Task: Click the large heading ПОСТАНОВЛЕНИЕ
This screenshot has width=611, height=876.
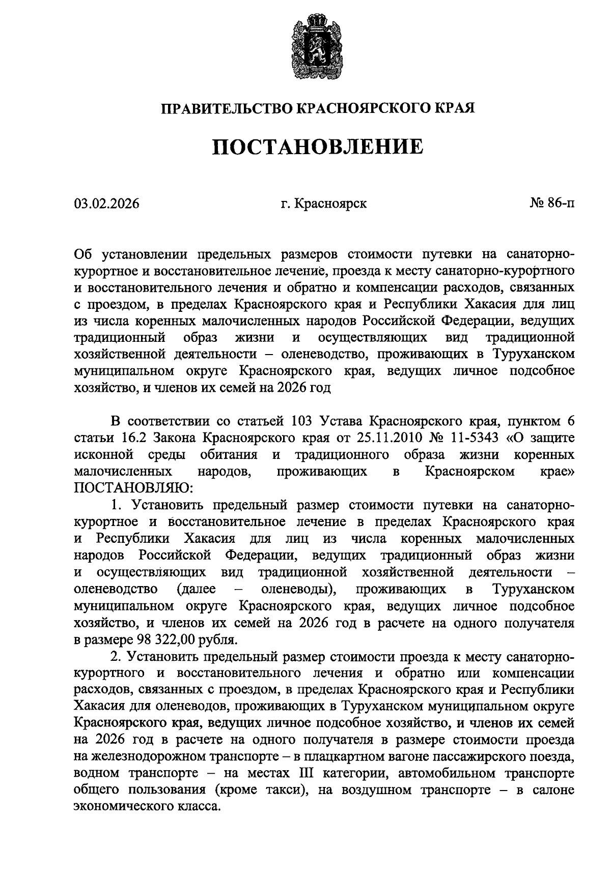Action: point(317,147)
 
